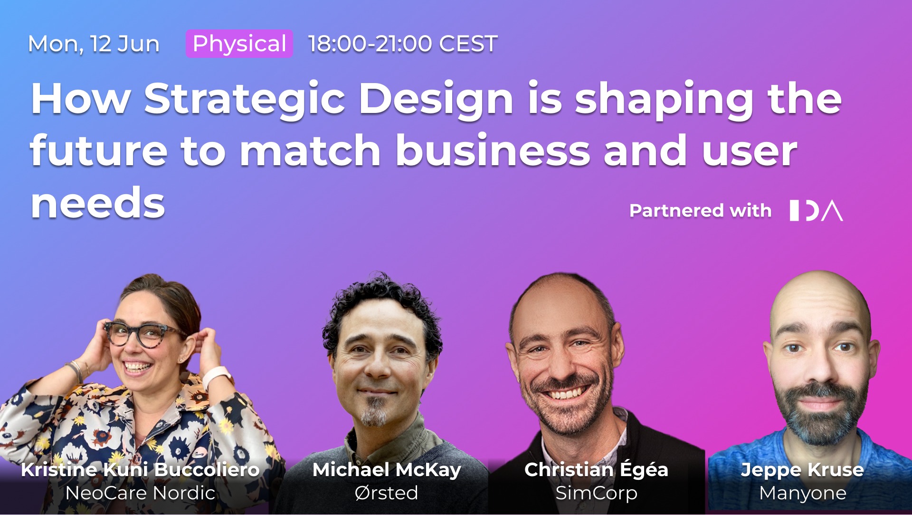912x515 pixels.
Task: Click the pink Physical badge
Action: (x=239, y=44)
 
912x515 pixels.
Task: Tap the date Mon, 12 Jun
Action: (x=94, y=44)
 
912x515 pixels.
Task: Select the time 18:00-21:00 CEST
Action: (x=403, y=44)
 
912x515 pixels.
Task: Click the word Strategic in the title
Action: (x=245, y=100)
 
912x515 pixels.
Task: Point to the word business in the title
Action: (x=493, y=150)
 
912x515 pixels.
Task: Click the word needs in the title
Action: (x=98, y=203)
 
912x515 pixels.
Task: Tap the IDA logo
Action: (x=816, y=210)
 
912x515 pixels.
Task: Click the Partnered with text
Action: (x=701, y=210)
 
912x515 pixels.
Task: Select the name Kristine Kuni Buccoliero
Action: (x=140, y=469)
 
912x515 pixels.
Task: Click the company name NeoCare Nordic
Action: (x=140, y=493)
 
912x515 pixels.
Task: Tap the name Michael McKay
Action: (x=387, y=470)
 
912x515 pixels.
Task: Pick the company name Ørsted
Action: (x=386, y=493)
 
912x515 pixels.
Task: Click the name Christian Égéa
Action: (x=596, y=469)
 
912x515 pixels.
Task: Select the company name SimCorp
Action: (x=596, y=493)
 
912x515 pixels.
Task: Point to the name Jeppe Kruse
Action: (x=802, y=470)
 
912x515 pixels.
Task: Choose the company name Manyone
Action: (x=803, y=493)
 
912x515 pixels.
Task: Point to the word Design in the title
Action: (x=436, y=100)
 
